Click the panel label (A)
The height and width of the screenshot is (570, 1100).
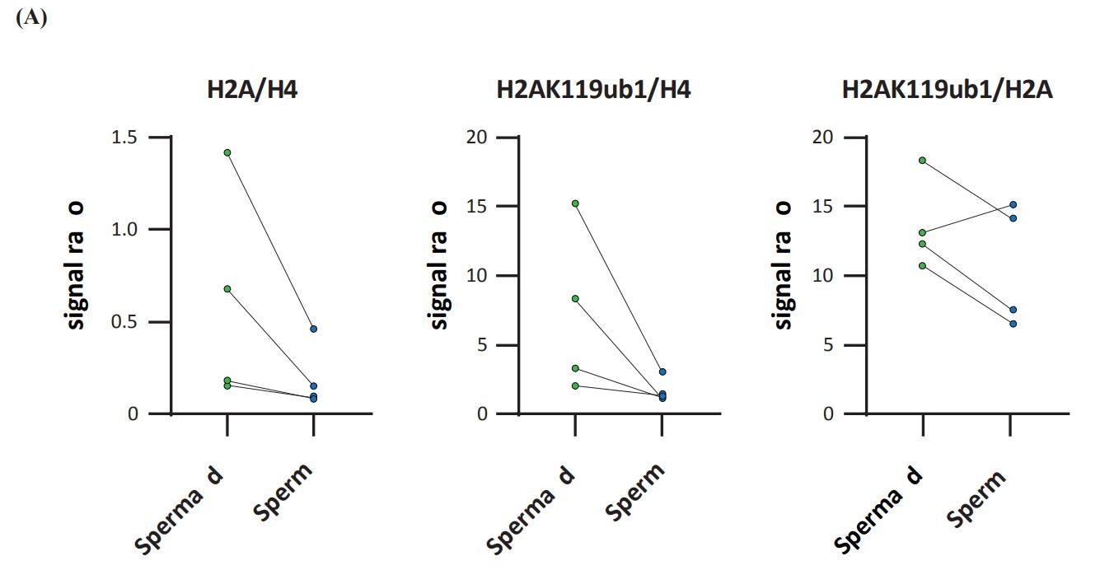coord(31,18)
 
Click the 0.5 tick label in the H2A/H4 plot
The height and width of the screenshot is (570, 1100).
coord(125,322)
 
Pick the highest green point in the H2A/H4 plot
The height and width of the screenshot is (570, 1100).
coord(227,152)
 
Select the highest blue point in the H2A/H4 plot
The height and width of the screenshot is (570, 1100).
coord(313,329)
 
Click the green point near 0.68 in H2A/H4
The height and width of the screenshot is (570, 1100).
coord(227,289)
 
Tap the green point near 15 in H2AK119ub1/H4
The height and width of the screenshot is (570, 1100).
coord(576,203)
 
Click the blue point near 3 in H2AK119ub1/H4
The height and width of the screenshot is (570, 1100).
coord(662,372)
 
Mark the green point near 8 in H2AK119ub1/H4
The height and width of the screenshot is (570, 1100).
coord(576,298)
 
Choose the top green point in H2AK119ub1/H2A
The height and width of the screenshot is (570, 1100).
coord(923,160)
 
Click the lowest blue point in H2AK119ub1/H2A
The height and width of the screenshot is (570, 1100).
coord(1013,324)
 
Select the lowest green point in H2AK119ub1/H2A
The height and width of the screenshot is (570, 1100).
coord(923,265)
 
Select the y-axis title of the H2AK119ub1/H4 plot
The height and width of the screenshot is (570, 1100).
coord(439,264)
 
